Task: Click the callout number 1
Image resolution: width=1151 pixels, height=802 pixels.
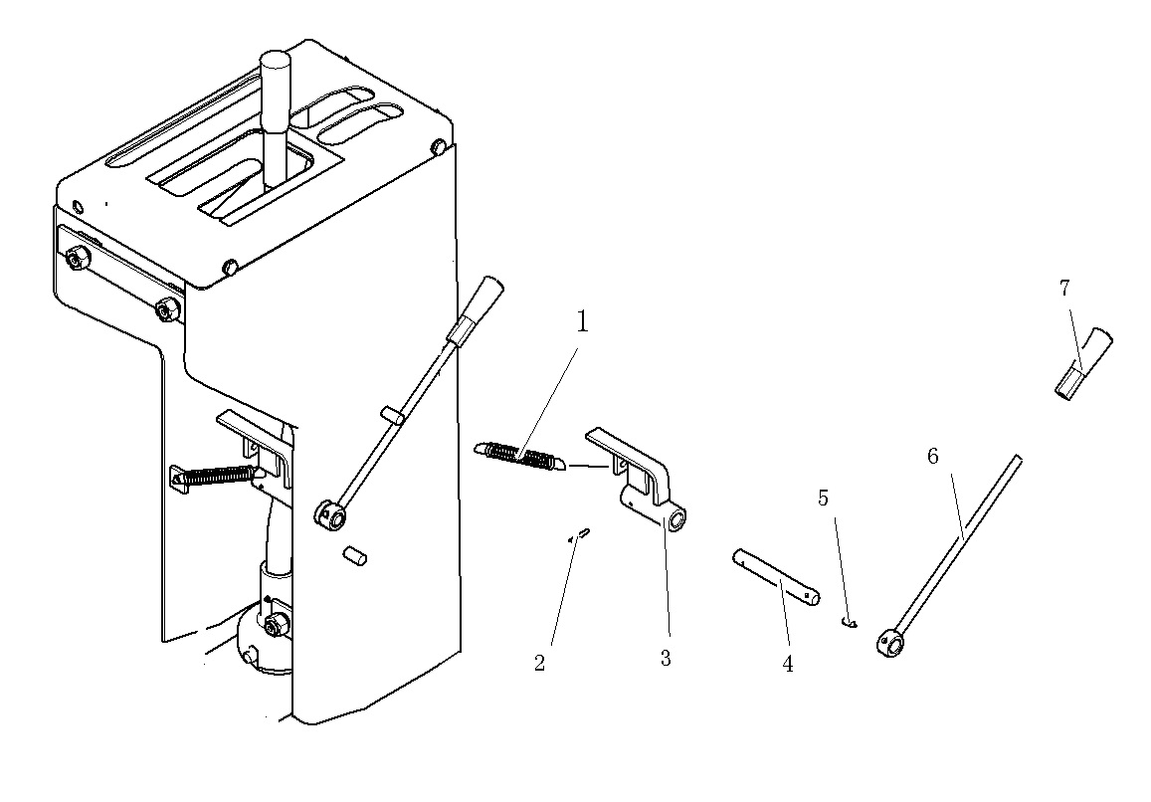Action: click(582, 321)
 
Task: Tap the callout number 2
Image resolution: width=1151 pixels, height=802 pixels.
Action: click(539, 663)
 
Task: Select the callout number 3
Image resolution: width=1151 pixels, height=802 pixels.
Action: click(666, 658)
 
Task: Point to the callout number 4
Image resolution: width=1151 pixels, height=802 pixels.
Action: click(788, 664)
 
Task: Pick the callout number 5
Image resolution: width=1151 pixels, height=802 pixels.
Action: click(823, 498)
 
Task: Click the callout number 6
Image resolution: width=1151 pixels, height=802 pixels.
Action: click(933, 456)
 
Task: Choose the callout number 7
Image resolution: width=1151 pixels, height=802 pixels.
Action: click(1065, 289)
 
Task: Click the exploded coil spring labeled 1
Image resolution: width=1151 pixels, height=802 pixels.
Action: click(519, 456)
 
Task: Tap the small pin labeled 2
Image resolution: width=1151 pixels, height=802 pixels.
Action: click(580, 534)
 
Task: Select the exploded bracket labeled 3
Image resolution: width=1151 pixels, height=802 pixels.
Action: click(637, 479)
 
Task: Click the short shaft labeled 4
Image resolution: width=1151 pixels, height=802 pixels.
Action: click(777, 577)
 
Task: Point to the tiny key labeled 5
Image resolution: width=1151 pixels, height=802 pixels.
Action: click(850, 623)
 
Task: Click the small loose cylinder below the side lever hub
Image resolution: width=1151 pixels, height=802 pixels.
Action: click(354, 555)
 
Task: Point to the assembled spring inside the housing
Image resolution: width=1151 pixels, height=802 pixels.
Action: click(215, 476)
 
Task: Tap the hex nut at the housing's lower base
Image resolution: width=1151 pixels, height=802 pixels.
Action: click(277, 625)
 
